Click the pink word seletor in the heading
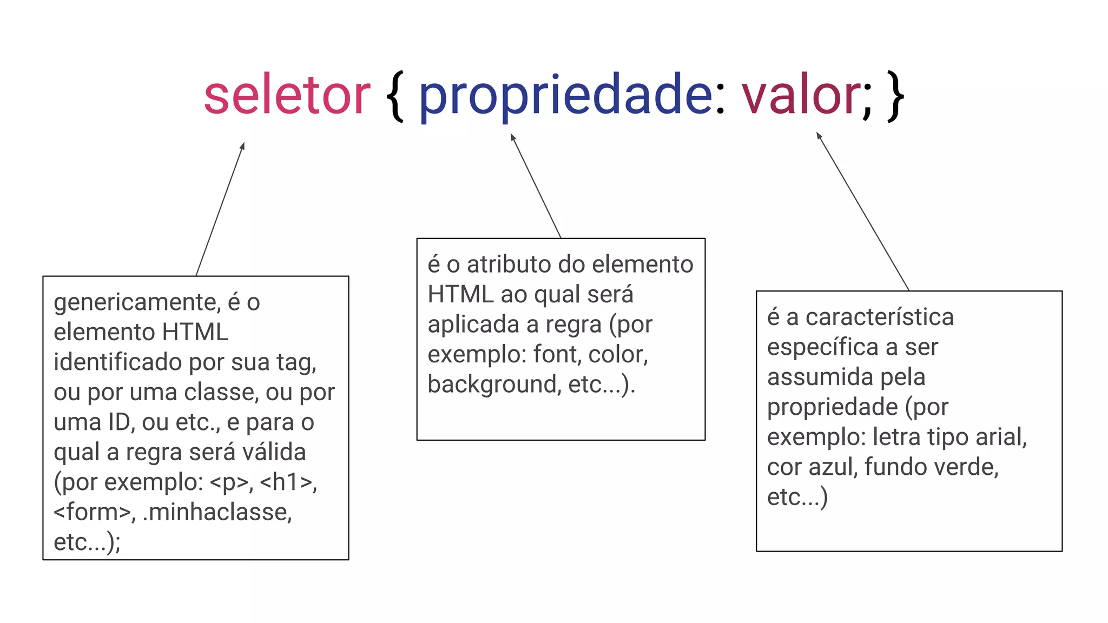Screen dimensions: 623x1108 coord(287,96)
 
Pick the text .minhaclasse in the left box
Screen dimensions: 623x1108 coord(217,512)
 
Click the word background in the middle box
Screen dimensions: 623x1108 coord(493,385)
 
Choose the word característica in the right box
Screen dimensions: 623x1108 coord(879,317)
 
